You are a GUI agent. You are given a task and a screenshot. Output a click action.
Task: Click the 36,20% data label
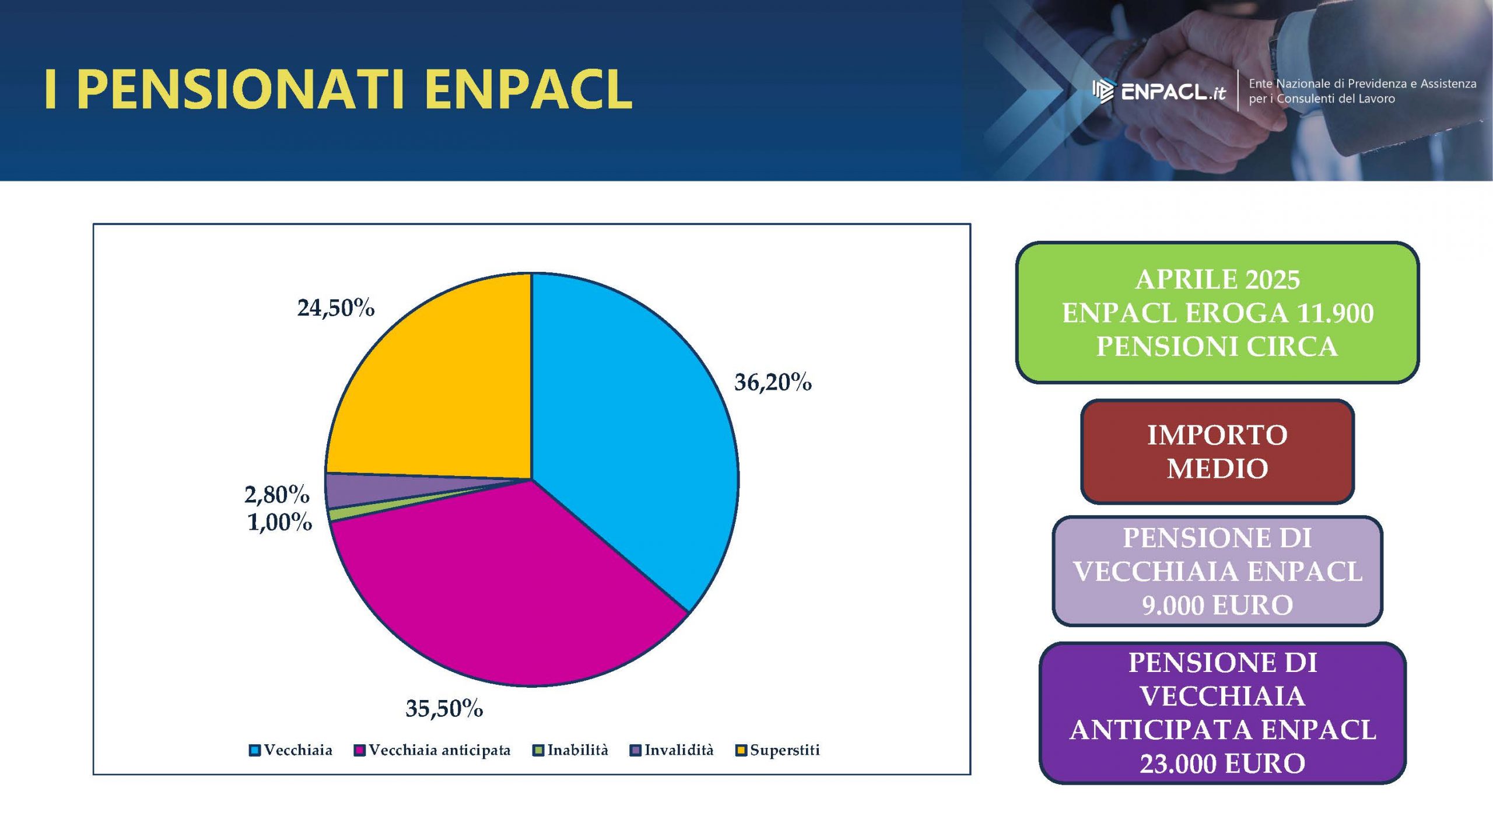(x=773, y=383)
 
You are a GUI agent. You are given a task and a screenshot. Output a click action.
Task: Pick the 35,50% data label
(x=444, y=709)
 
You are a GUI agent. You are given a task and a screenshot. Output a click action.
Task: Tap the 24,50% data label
(x=336, y=308)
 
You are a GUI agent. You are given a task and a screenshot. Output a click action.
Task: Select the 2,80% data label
(x=277, y=495)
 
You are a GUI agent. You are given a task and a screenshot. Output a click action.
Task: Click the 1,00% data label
(x=280, y=522)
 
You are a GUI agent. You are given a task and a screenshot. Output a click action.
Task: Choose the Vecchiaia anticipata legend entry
(x=432, y=750)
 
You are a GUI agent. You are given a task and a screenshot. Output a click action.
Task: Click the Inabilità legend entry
(x=571, y=750)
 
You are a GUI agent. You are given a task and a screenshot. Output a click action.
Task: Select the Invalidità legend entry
(x=672, y=750)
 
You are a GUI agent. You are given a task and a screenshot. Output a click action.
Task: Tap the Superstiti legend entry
(x=778, y=750)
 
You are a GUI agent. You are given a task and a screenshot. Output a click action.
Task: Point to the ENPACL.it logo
(x=1159, y=92)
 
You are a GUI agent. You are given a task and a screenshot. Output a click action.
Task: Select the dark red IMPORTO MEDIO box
(x=1217, y=452)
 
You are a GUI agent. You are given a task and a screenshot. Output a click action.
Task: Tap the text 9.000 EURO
(x=1217, y=605)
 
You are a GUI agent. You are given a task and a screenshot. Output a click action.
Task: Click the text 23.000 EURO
(x=1222, y=764)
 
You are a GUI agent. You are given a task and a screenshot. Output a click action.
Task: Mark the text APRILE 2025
(x=1217, y=279)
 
